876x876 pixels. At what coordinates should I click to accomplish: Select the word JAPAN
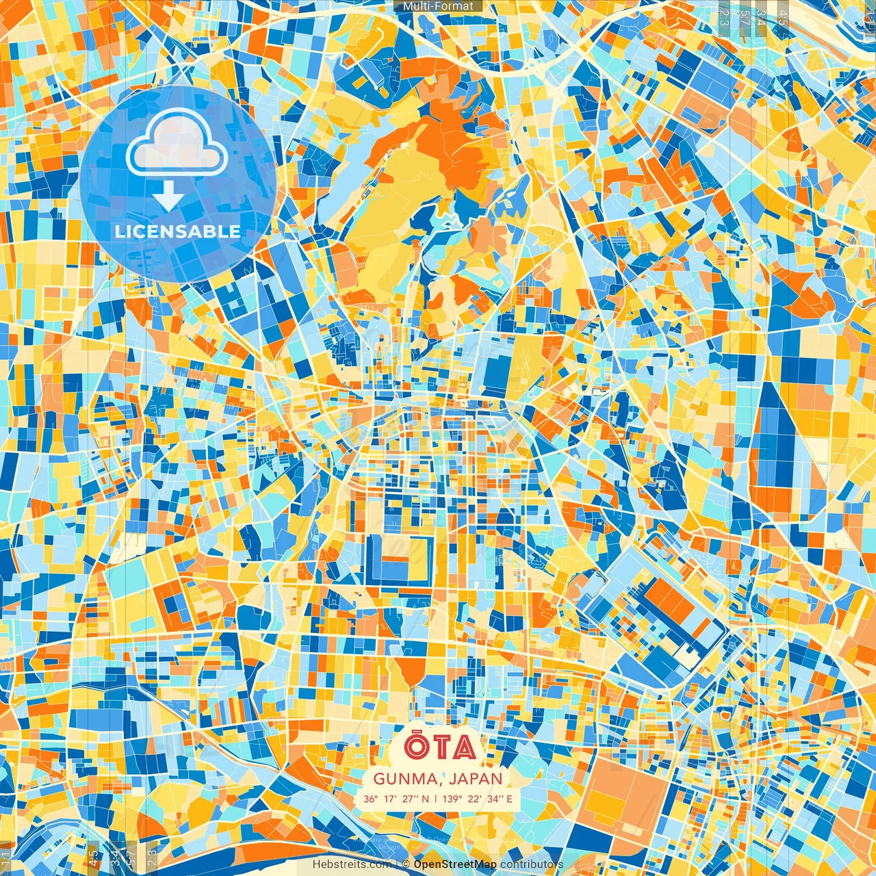pos(476,779)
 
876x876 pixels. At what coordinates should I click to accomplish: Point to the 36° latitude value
pos(370,799)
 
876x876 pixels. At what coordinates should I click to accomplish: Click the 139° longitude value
pos(451,799)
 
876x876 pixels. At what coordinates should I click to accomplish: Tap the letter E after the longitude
pos(508,799)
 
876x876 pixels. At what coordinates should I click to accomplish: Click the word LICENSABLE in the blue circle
pos(178,231)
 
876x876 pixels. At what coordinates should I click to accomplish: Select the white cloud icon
pos(177,143)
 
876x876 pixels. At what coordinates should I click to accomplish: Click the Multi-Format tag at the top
pos(438,6)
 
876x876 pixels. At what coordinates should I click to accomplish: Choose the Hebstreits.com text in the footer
pos(352,864)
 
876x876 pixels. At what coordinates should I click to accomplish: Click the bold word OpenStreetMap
pos(455,864)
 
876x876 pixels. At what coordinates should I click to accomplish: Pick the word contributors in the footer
pos(531,864)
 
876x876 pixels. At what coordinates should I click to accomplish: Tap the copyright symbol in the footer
pos(406,864)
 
